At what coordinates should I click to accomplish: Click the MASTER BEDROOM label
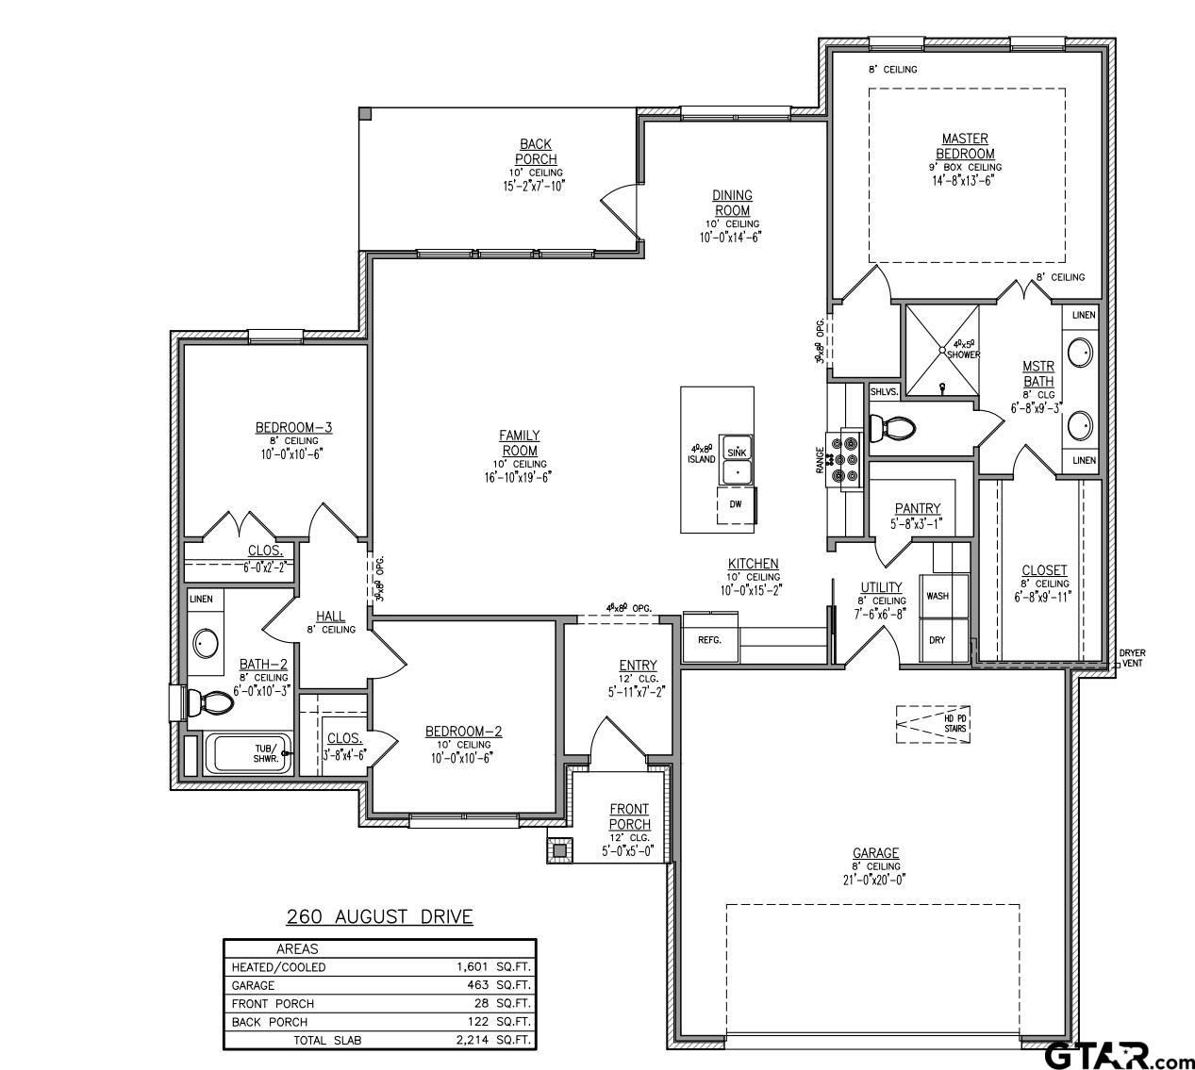pyautogui.click(x=965, y=146)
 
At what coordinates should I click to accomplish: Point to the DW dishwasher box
pyautogui.click(x=735, y=504)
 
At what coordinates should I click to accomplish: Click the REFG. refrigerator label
pyautogui.click(x=709, y=640)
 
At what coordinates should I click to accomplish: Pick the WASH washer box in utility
pyautogui.click(x=937, y=596)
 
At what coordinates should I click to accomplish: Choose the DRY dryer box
pyautogui.click(x=937, y=640)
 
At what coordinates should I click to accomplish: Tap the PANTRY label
pyautogui.click(x=918, y=509)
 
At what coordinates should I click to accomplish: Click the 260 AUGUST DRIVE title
pyautogui.click(x=380, y=916)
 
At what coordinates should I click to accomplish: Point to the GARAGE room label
pyautogui.click(x=876, y=853)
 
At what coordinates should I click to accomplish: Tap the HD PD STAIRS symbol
pyautogui.click(x=934, y=723)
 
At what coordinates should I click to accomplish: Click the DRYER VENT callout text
pyautogui.click(x=1132, y=658)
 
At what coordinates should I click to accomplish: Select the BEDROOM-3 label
pyautogui.click(x=293, y=428)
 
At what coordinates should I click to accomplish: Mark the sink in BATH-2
pyautogui.click(x=206, y=643)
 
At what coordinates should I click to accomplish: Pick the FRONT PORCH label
pyautogui.click(x=629, y=816)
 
